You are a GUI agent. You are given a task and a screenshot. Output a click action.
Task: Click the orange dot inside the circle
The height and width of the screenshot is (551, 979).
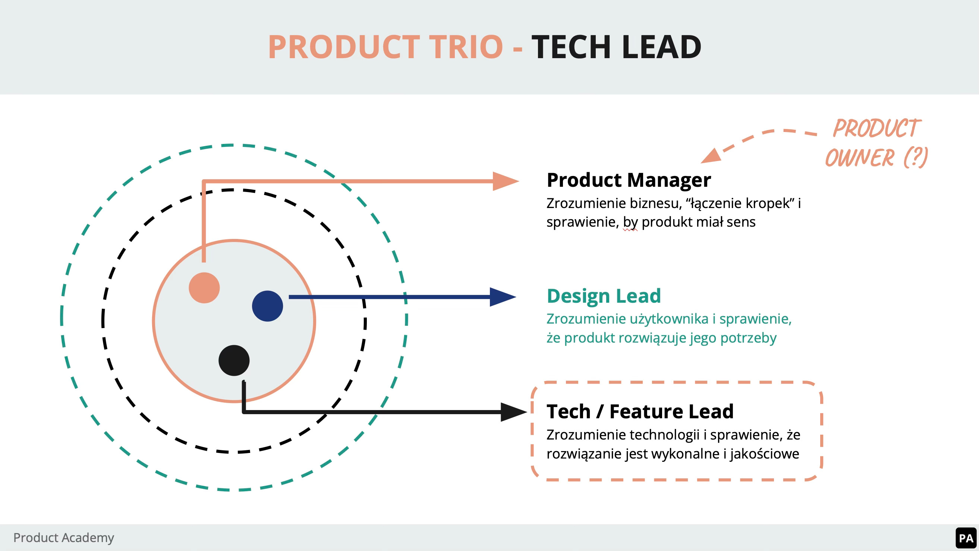pos(204,288)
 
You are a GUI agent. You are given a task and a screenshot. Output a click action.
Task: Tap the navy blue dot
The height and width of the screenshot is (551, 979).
pos(267,306)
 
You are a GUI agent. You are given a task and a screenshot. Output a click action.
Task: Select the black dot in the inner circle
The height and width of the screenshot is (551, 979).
pos(234,360)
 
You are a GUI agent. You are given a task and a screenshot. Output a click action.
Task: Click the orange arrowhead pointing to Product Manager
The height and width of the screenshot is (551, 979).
pos(505,181)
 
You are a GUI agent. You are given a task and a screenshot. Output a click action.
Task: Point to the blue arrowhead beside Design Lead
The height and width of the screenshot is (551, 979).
pos(502,297)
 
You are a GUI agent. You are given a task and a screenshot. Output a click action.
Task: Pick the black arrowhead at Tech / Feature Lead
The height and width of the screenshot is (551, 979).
pos(513,412)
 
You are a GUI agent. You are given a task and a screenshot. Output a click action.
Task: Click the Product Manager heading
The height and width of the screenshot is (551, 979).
pos(629,180)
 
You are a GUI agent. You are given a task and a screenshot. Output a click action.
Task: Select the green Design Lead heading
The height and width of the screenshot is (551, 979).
pos(604,296)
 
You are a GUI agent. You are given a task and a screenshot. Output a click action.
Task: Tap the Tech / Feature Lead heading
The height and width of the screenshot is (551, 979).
pos(640,412)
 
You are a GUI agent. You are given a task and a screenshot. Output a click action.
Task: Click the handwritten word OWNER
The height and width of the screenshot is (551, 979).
pos(860,158)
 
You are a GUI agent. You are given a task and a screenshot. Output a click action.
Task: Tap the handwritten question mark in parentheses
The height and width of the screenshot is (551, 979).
pos(916,157)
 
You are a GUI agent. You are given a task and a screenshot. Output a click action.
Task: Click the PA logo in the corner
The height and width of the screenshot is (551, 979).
pos(966,538)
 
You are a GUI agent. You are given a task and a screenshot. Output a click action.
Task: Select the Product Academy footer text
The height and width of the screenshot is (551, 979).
pos(63,538)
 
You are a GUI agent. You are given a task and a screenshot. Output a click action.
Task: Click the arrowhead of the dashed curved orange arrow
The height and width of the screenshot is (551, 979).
pos(711,156)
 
